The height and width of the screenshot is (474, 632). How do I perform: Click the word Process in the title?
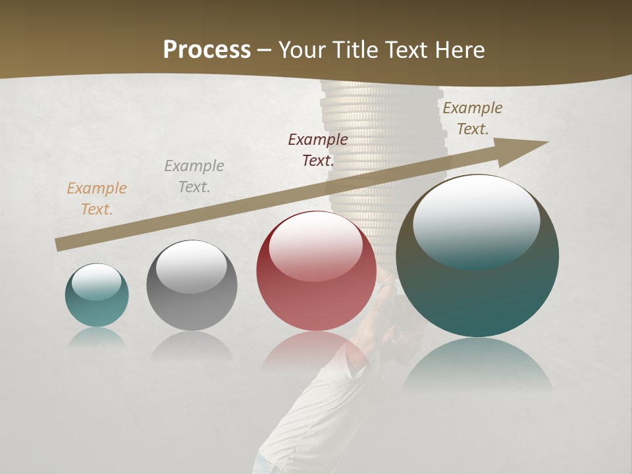207,49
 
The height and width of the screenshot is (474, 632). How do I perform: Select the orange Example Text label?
96,198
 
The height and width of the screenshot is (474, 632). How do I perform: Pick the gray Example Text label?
194,176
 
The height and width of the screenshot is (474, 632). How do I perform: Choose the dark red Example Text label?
318,149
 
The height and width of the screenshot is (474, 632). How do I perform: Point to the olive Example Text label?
472,118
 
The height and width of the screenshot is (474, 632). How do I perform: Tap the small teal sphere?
97,306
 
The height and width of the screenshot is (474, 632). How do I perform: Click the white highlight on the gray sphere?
192,267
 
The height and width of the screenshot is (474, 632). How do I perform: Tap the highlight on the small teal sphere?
96,282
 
